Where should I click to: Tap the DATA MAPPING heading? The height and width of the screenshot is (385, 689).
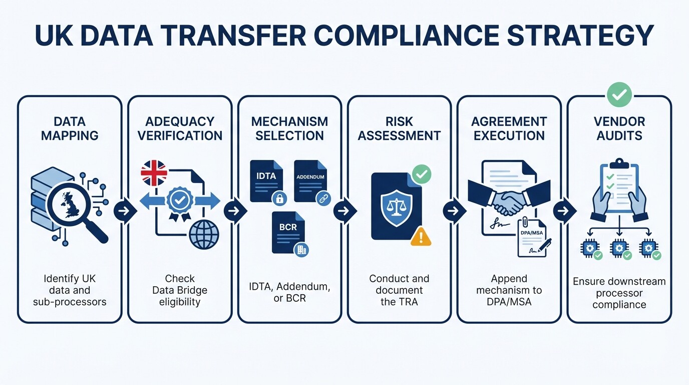[x=70, y=128]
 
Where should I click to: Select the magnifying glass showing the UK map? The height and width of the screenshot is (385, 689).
[x=71, y=206]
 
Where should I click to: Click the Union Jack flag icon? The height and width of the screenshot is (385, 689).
[x=154, y=173]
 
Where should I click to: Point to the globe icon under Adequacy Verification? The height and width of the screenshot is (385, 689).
[x=204, y=234]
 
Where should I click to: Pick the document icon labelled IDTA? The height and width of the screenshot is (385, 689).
[x=266, y=181]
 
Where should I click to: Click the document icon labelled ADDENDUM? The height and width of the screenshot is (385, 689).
[x=310, y=181]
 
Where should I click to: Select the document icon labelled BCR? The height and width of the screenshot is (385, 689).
[x=288, y=232]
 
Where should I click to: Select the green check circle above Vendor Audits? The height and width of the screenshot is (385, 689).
[x=619, y=95]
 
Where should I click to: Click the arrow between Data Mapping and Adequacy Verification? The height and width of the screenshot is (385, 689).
[x=125, y=211]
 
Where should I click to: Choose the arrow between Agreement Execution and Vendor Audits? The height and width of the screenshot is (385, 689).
[x=564, y=211]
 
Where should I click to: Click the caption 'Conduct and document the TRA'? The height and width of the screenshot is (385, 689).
[x=399, y=290]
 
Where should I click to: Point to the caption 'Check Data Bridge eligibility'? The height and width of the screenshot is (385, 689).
[x=180, y=290]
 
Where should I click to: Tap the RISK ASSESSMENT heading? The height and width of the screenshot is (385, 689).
[x=399, y=128]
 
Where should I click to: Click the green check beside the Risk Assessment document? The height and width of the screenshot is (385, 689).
[x=421, y=174]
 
